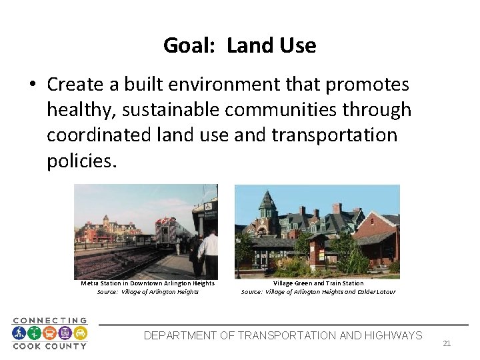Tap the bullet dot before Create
pyautogui.click(x=31, y=85)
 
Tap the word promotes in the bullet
pyautogui.click(x=365, y=85)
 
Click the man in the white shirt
pyautogui.click(x=209, y=251)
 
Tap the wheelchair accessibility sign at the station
pyautogui.click(x=209, y=206)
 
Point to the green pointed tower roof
pyautogui.click(x=268, y=200)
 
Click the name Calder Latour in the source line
pyautogui.click(x=376, y=292)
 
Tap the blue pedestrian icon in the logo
pyautogui.click(x=20, y=333)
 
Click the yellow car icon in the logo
pyautogui.click(x=80, y=333)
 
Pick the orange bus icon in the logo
pyautogui.click(x=50, y=333)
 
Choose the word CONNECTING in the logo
pyautogui.click(x=49, y=321)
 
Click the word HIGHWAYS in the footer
pyautogui.click(x=394, y=335)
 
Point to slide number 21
pyautogui.click(x=447, y=343)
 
